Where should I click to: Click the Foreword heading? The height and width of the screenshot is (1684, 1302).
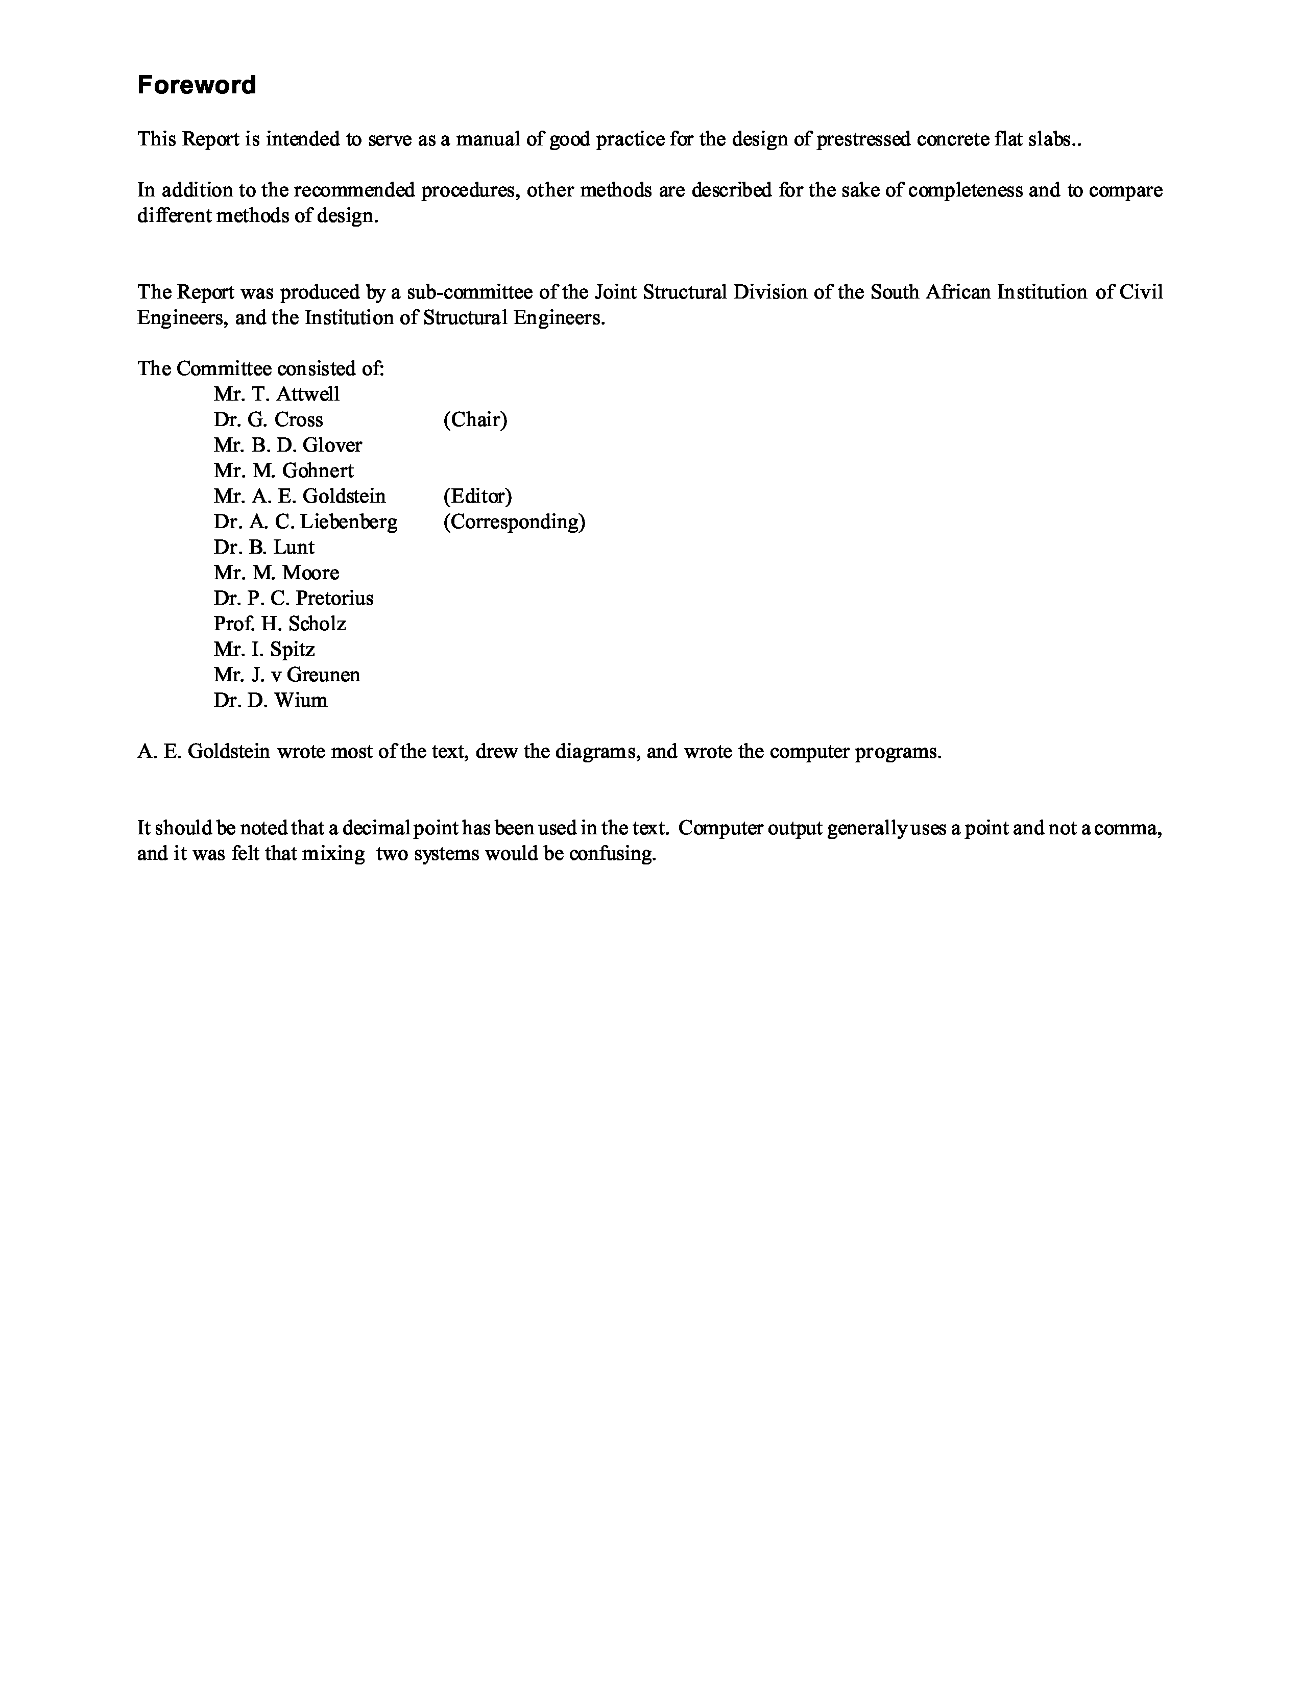tap(196, 85)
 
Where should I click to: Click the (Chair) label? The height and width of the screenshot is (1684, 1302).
tap(475, 419)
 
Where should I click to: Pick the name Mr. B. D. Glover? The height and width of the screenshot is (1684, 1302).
tap(287, 445)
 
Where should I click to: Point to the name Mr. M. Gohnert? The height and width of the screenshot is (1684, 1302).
tap(284, 470)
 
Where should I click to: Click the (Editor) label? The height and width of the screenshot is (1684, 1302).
tap(477, 496)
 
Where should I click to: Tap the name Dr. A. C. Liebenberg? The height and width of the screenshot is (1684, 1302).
tap(305, 522)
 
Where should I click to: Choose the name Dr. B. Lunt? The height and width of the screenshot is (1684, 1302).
tap(264, 548)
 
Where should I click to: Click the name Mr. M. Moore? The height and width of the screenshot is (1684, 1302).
tap(276, 573)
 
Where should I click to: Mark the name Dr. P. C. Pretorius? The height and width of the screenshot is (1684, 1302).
tap(293, 599)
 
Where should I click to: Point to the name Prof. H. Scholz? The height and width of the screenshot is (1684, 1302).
tap(280, 624)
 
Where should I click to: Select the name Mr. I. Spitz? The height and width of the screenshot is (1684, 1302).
tap(264, 649)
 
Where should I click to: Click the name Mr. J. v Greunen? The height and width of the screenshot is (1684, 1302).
tap(287, 675)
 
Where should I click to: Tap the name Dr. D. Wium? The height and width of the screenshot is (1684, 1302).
tap(270, 700)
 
